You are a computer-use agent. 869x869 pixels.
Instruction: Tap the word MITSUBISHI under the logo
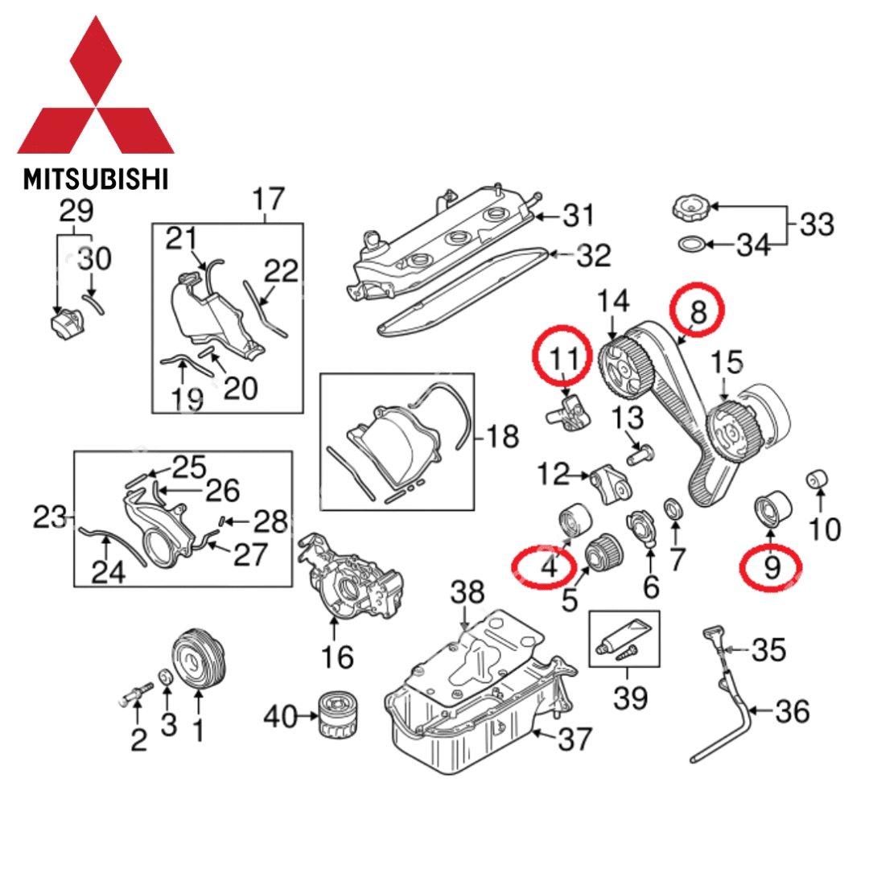96,178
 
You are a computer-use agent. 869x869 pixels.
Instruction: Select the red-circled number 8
698,311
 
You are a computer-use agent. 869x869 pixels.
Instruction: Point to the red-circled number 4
547,566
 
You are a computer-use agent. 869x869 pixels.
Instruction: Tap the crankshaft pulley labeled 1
200,660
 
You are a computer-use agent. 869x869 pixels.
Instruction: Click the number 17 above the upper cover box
269,198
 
